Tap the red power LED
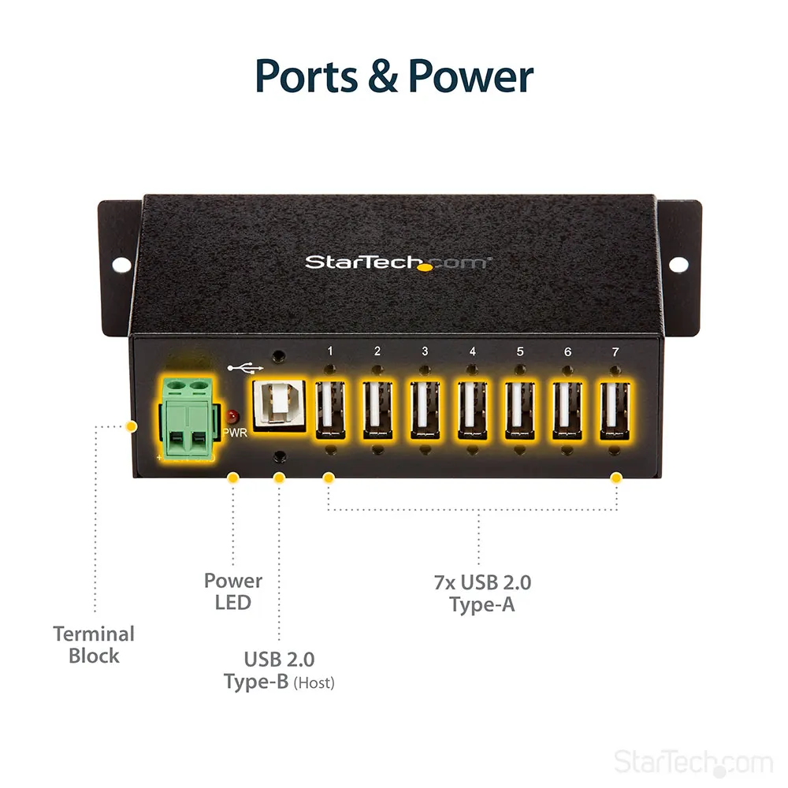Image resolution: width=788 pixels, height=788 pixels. tap(232, 417)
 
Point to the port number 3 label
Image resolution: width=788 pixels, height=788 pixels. tap(426, 351)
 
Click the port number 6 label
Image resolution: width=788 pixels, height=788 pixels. tap(568, 351)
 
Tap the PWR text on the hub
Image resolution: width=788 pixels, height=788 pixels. tap(235, 433)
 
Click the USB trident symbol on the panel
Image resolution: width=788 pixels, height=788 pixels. tap(245, 369)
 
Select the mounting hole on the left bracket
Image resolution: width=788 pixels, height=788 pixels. tap(121, 264)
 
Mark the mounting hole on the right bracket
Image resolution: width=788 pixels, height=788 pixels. tap(678, 264)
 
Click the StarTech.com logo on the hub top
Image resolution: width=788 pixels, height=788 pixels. tap(397, 262)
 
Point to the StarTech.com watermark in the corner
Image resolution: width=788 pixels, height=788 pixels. tap(693, 762)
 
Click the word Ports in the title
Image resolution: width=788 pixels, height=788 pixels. tap(306, 76)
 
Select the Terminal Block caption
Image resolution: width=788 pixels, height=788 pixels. tap(94, 645)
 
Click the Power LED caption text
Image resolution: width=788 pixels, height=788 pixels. tap(233, 592)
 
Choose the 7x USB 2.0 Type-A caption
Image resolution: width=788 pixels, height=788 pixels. tap(482, 593)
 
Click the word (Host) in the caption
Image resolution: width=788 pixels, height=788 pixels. tap(314, 683)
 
